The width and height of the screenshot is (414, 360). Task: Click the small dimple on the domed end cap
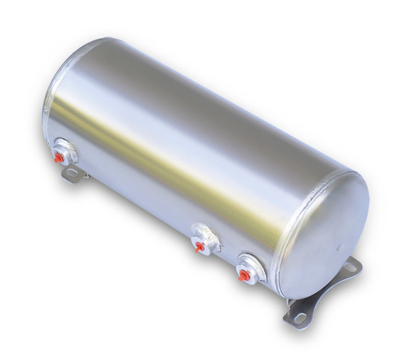pyautogui.click(x=339, y=248)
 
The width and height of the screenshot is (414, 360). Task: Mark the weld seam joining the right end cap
pyautogui.click(x=290, y=228)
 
